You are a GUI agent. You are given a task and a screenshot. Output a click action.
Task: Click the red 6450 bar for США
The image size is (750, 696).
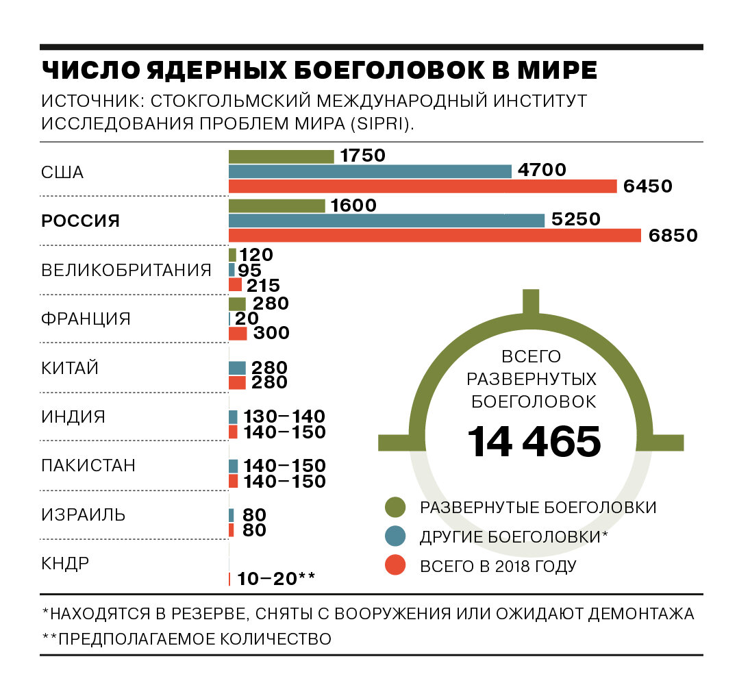[x=423, y=186]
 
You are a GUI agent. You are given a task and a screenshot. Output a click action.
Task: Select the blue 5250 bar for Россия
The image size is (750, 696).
[x=386, y=221]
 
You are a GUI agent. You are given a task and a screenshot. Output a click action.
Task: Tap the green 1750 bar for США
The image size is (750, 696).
[x=282, y=156]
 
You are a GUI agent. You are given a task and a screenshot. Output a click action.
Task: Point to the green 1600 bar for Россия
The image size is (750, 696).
[x=277, y=206]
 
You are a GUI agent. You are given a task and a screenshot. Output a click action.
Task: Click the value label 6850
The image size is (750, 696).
[x=673, y=236]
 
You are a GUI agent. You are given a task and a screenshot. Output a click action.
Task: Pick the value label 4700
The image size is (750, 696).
[x=542, y=170]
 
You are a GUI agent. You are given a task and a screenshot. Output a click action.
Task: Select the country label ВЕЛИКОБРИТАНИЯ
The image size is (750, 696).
[x=126, y=271]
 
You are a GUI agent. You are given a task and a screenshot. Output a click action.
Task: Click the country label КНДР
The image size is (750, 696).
[x=65, y=563]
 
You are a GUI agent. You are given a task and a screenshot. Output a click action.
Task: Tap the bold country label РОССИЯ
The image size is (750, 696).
[x=80, y=221]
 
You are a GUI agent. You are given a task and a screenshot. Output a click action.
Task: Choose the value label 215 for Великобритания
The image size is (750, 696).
[x=263, y=286]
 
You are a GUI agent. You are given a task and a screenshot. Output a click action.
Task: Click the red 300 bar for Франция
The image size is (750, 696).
[x=238, y=334]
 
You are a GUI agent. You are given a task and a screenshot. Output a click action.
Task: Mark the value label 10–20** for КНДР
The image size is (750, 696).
[x=276, y=579]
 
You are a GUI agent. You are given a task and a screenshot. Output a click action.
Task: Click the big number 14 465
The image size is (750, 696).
[x=534, y=441]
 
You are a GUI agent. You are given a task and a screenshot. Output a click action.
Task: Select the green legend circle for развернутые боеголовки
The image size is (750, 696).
[x=395, y=507]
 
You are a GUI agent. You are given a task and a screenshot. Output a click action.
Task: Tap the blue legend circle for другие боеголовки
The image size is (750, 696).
[x=395, y=536]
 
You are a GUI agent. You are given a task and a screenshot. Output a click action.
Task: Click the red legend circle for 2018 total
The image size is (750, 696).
[x=395, y=565]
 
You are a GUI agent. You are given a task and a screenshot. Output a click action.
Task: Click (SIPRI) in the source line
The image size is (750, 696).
[x=382, y=123]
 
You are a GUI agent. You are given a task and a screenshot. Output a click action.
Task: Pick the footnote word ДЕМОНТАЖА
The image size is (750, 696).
[x=641, y=613]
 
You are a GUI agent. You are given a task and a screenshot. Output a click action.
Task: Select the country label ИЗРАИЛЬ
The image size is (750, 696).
[x=84, y=514]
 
